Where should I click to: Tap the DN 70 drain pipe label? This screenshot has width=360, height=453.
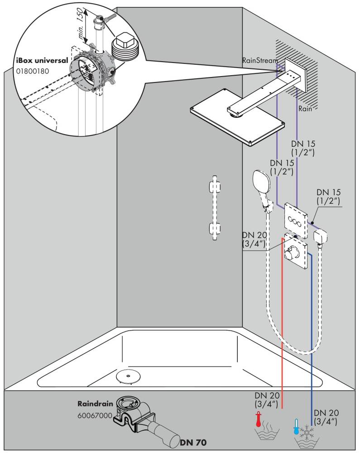[x=195, y=442]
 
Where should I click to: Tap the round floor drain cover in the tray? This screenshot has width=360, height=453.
[x=127, y=376]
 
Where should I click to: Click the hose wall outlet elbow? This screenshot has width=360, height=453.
[x=321, y=237]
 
